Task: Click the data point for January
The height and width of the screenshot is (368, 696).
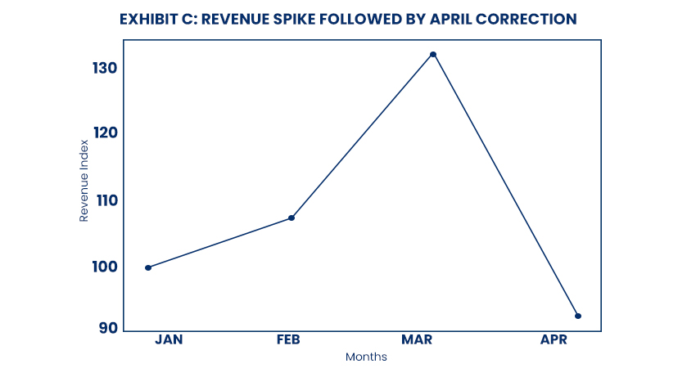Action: [148, 267]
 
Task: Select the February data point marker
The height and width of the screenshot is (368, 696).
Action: [292, 218]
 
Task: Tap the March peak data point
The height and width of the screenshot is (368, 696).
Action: [433, 55]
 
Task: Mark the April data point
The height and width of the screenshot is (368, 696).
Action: [578, 316]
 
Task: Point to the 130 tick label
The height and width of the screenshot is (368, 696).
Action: [105, 68]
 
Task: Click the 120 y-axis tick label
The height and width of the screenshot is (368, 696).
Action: [105, 132]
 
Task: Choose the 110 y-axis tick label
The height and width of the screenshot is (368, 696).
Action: [105, 200]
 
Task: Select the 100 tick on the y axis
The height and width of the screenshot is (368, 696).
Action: [105, 267]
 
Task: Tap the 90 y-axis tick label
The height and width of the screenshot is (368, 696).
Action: [109, 329]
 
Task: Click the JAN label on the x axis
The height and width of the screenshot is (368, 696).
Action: [169, 339]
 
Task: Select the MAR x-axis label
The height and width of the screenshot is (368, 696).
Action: [416, 339]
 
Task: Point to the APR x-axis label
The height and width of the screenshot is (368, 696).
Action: [554, 339]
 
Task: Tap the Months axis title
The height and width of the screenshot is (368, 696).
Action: [366, 357]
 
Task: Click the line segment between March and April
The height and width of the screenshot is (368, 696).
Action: [506, 186]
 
